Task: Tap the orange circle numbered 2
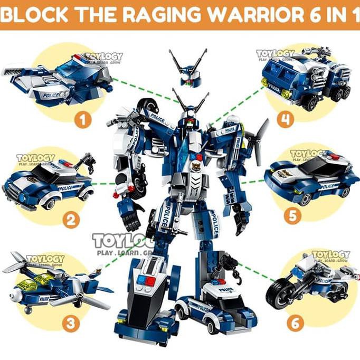click(x=71, y=219)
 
